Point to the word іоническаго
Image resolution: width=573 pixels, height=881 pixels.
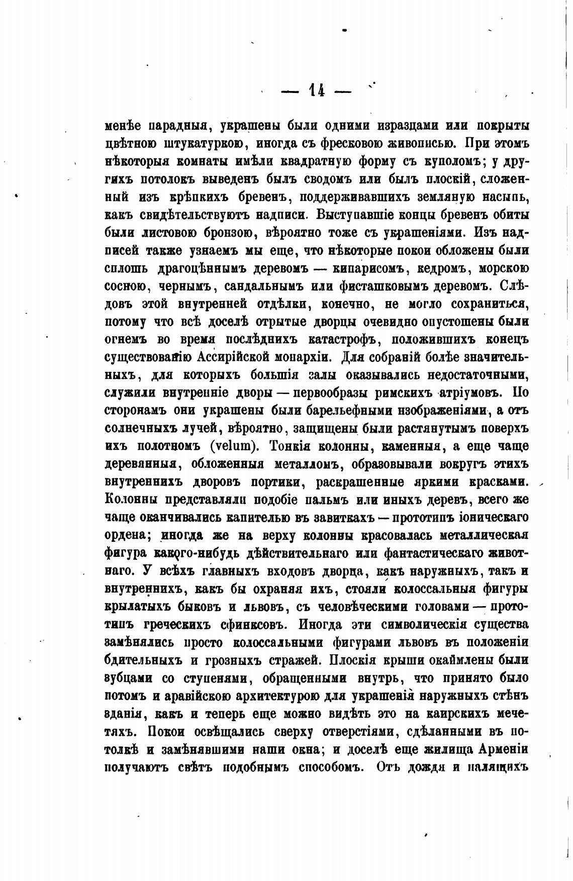pos(490,518)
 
